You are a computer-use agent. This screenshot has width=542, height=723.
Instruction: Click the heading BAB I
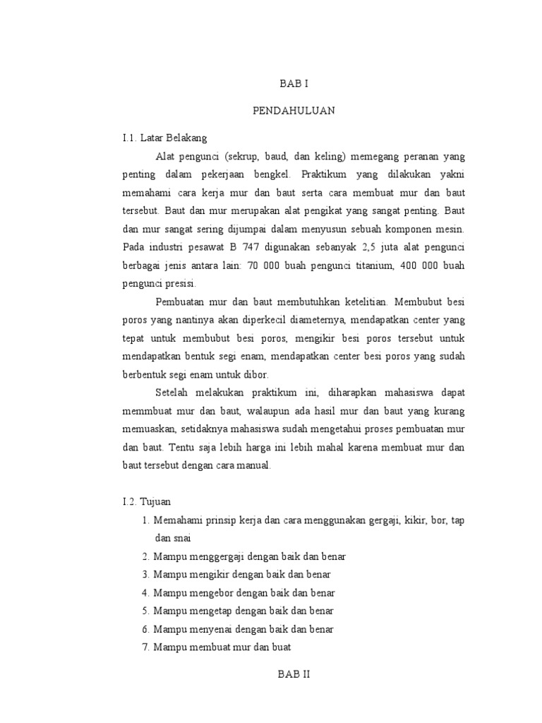click(294, 83)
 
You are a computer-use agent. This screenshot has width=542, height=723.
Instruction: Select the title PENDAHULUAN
click(294, 111)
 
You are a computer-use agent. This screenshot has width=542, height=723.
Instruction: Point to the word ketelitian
click(345, 302)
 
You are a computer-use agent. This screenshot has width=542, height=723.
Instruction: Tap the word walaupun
click(283, 412)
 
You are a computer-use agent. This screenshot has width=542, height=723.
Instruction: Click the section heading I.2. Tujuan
click(141, 502)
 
